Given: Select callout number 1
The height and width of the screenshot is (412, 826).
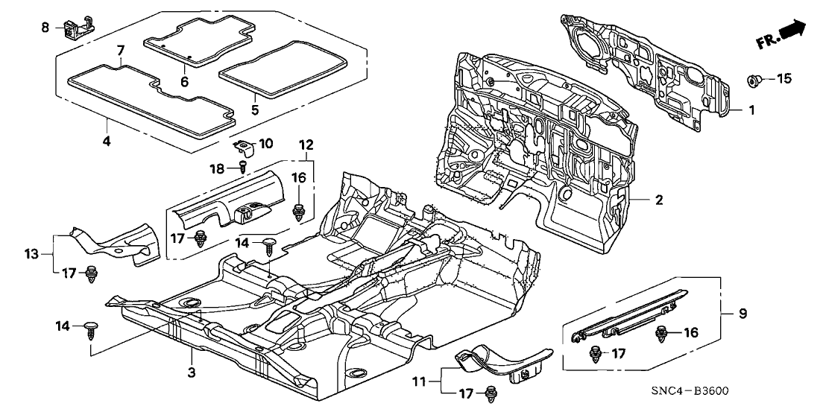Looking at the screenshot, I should (x=752, y=110).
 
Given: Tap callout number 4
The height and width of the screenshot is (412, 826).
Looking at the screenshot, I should (x=107, y=140).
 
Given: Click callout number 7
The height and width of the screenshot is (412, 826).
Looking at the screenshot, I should (x=120, y=50).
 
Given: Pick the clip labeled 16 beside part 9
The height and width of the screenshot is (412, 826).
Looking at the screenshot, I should (x=663, y=333).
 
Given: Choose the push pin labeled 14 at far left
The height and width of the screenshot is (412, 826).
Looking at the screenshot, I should (x=92, y=329).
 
